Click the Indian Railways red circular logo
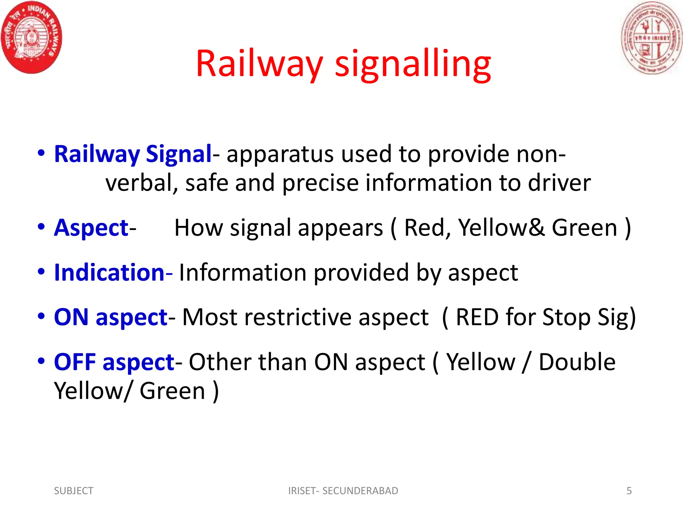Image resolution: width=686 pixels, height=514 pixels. pyautogui.click(x=31, y=37)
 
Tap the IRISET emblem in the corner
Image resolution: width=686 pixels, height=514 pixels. pyautogui.click(x=651, y=37)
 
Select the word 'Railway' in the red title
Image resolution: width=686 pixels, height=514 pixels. pyautogui.click(x=259, y=64)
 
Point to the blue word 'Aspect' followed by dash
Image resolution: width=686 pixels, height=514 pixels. pyautogui.click(x=91, y=228)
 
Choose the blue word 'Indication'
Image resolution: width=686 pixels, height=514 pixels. pyautogui.click(x=109, y=272)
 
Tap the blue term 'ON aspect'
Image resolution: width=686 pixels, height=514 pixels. pyautogui.click(x=111, y=317)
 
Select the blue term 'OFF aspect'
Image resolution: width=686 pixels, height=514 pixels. pyautogui.click(x=114, y=362)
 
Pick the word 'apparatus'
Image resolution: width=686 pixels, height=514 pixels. pyautogui.click(x=280, y=155)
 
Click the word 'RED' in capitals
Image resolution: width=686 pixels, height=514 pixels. pyautogui.click(x=477, y=317)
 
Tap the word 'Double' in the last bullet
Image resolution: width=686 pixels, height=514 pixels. pyautogui.click(x=577, y=362)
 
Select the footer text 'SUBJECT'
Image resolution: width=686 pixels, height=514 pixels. pyautogui.click(x=74, y=491)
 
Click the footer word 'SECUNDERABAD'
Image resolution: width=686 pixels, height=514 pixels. pyautogui.click(x=360, y=491)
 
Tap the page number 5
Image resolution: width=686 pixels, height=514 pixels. pyautogui.click(x=629, y=491)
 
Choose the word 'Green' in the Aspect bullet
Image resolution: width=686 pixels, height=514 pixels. pyautogui.click(x=584, y=228)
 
